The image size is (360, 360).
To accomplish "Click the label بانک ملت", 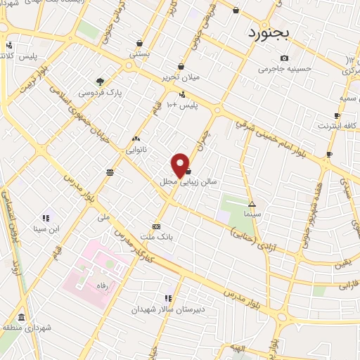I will [156, 238].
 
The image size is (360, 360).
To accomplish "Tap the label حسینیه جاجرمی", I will [283, 69].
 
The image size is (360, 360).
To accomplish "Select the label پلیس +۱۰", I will [182, 105].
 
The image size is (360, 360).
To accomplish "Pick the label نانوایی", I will [136, 149].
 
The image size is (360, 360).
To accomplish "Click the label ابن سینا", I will [46, 229].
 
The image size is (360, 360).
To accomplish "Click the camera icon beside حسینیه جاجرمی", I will [283, 58].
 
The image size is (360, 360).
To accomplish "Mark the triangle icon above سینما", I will [252, 203].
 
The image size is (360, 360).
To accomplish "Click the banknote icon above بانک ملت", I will [156, 227].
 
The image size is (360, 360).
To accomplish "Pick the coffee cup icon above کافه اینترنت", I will [337, 115].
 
